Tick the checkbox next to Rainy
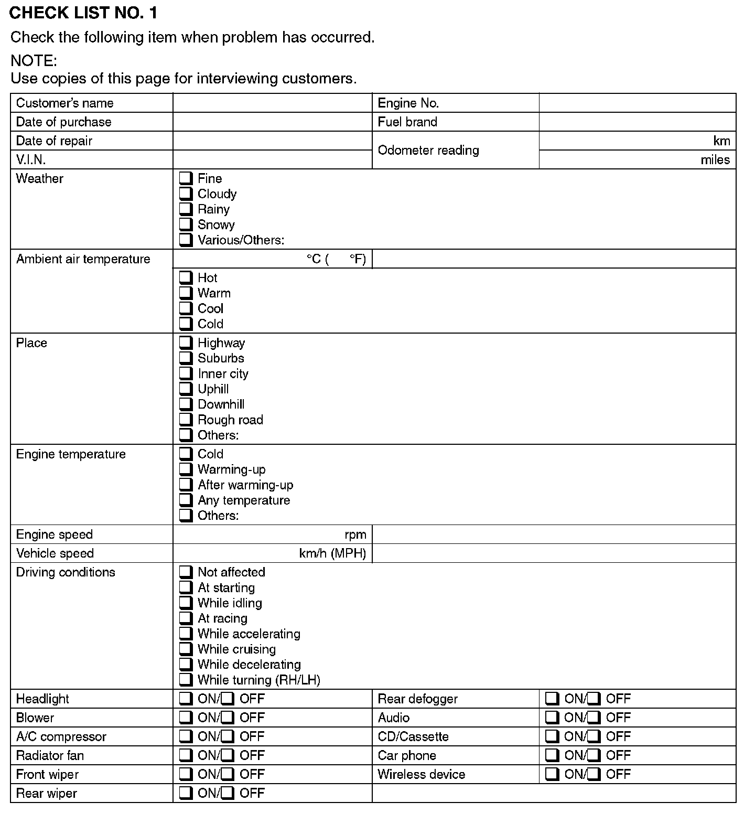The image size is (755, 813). [x=186, y=209]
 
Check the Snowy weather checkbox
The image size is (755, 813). [x=186, y=224]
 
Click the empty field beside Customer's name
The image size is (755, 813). [x=272, y=103]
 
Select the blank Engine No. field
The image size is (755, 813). [x=637, y=103]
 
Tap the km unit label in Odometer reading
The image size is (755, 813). [x=721, y=141]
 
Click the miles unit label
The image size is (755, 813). [x=715, y=159]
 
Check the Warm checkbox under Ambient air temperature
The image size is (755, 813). [x=186, y=293]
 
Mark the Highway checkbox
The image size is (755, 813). [x=186, y=343]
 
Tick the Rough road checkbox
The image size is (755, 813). [x=186, y=420]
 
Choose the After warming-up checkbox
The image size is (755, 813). [x=186, y=485]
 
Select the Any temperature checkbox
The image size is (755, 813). [x=186, y=500]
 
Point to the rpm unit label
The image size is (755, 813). [x=355, y=534]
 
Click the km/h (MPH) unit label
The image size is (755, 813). [x=332, y=553]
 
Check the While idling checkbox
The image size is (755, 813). [x=186, y=603]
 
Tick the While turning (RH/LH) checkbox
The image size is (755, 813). [x=186, y=680]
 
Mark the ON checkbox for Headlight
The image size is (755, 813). [x=186, y=699]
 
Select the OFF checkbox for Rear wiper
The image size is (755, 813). [x=228, y=793]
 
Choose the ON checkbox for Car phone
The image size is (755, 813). [x=552, y=755]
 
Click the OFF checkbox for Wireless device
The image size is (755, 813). [x=594, y=774]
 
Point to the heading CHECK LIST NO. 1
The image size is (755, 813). [x=83, y=13]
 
